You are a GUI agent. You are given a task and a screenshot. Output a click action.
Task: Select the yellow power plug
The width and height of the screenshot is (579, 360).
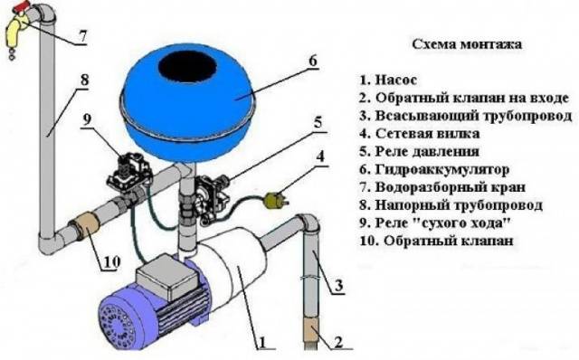click(274, 201)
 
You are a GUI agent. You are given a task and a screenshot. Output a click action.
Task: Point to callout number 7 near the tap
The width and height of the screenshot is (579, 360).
click(82, 36)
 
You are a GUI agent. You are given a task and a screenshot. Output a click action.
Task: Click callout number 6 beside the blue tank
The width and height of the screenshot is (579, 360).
click(312, 61)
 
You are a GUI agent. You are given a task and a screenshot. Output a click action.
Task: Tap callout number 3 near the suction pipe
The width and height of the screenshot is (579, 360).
click(338, 285)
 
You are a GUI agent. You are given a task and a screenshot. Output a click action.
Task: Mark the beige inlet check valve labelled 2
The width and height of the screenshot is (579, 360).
click(312, 331)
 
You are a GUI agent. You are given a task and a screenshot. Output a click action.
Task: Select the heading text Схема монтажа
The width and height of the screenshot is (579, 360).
click(467, 44)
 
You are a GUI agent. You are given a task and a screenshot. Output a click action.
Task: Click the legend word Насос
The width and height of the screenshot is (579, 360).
click(396, 80)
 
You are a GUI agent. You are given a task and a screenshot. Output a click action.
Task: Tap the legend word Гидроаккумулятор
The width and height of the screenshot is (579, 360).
click(442, 169)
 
